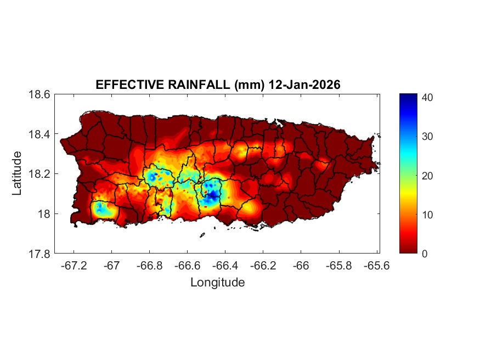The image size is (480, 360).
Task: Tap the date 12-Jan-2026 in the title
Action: tap(304, 85)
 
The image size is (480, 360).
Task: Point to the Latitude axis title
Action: tap(18, 173)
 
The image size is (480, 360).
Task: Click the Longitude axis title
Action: tap(217, 283)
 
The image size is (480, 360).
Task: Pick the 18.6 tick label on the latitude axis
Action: tap(39, 94)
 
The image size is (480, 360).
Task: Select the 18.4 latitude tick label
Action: tap(39, 134)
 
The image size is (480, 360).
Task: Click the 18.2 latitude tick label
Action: tap(39, 174)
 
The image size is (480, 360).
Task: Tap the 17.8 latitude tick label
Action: tap(39, 254)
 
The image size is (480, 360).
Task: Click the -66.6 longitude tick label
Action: tap(187, 266)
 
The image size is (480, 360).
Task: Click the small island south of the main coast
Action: tap(202, 235)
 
